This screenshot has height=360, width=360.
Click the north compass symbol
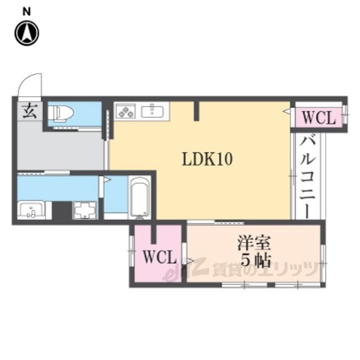(27, 33)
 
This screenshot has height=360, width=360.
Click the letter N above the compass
(26, 12)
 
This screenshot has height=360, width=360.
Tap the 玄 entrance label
(30, 111)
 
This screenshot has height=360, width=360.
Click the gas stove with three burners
(125, 111)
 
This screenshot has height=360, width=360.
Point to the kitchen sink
(152, 111)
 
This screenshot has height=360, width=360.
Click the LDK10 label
(208, 159)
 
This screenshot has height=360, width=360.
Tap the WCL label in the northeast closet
(319, 118)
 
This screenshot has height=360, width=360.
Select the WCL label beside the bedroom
(160, 256)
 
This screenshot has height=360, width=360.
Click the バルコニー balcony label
(308, 177)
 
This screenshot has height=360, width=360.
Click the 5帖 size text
(255, 260)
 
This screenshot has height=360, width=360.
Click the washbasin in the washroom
(31, 210)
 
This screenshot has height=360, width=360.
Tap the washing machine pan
(85, 210)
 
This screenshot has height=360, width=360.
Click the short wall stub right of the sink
(196, 111)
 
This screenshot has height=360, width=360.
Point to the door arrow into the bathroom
(107, 179)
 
